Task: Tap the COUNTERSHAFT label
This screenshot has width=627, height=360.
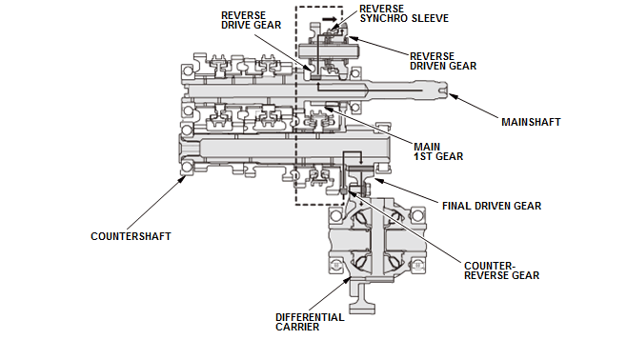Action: [131, 235]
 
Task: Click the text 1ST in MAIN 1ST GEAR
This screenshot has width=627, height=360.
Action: [423, 156]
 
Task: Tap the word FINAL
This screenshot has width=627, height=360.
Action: [460, 205]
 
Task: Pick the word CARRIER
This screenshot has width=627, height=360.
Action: [296, 327]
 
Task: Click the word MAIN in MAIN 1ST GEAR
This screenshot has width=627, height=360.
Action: [426, 146]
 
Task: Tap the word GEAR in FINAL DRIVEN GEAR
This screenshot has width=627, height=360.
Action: [525, 205]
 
